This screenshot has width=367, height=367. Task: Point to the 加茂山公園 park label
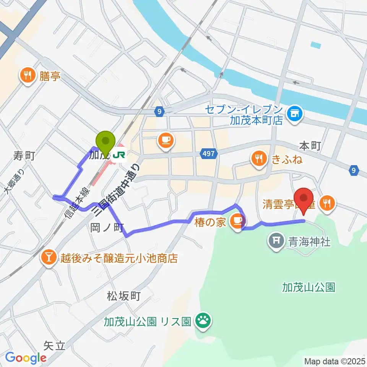tap(309, 287)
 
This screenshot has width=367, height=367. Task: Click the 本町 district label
tap(310, 146)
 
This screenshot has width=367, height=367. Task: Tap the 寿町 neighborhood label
tap(24, 156)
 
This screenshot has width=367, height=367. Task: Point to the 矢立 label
tap(54, 346)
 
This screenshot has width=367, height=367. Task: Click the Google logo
tap(26, 358)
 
